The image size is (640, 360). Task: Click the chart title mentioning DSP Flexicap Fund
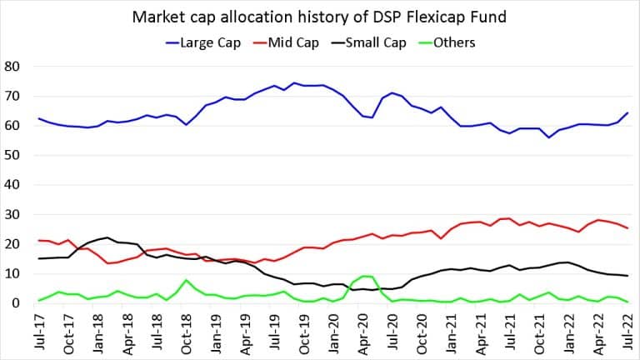coord(320,16)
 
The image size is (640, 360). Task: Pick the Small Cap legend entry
coord(387,43)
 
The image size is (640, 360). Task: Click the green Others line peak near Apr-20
coord(363,276)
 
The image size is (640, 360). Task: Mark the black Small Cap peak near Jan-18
coord(107,237)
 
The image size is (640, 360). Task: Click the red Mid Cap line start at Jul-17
coord(39,240)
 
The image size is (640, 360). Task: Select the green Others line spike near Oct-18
coord(184,280)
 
